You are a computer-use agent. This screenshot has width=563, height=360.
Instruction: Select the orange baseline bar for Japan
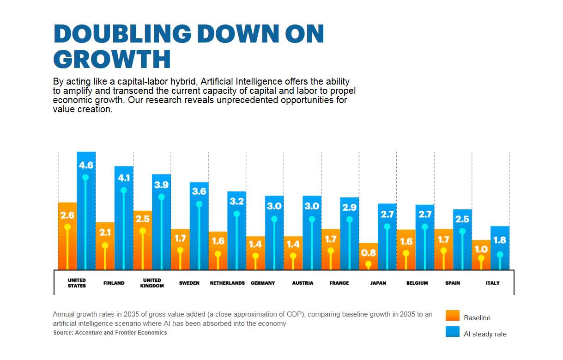coord(368,256)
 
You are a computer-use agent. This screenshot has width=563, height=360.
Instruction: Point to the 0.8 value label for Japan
coord(368,253)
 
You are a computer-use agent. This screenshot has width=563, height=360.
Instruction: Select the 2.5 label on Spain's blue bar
coord(462,219)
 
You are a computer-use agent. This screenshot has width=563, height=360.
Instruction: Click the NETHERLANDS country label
coord(227,283)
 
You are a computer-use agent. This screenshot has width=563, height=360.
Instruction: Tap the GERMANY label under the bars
coord(263,283)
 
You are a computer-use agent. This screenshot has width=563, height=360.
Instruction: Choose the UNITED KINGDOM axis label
coord(152,283)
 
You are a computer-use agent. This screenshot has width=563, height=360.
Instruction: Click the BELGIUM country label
coord(417,283)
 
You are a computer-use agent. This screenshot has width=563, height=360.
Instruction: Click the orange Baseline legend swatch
coord(453,316)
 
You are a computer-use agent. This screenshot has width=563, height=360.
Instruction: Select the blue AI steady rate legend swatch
coord(453,332)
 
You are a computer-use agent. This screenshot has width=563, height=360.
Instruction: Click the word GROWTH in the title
coord(112,59)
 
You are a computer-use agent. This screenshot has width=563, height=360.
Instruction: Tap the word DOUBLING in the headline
coord(122,34)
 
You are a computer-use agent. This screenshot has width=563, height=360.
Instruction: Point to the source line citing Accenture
coord(110,333)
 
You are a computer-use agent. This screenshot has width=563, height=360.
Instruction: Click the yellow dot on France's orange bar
coord(331,250)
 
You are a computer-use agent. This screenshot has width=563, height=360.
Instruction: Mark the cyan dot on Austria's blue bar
coord(312,220)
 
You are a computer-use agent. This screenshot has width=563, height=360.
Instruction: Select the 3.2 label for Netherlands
coord(236,201)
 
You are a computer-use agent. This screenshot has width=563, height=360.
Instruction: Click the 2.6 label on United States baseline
coord(67,215)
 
